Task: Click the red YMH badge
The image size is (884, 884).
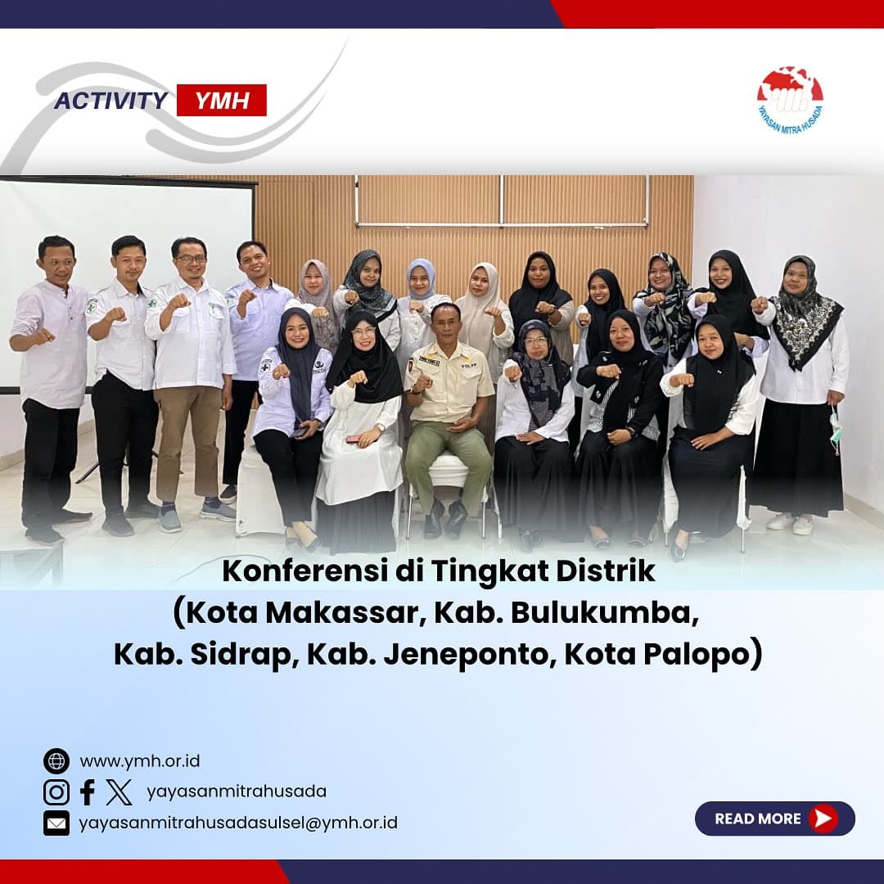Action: (222, 101)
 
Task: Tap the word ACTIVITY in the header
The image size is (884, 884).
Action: (111, 101)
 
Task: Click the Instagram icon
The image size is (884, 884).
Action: (56, 792)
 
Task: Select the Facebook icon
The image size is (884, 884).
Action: (88, 792)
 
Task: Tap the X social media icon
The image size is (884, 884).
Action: (119, 792)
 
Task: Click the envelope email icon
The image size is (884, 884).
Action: (56, 823)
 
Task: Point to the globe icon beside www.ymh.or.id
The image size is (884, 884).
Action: (56, 761)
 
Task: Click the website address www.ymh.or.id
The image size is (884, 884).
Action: (140, 762)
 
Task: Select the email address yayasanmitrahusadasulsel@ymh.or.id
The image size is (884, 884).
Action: (238, 823)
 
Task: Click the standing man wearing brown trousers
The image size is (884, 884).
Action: (192, 383)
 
